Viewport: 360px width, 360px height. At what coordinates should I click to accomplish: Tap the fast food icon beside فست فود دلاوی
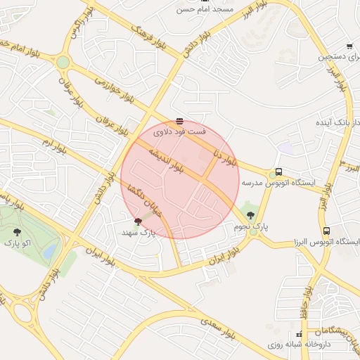coord(179,120)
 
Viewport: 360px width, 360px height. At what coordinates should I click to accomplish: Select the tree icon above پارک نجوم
coord(251,214)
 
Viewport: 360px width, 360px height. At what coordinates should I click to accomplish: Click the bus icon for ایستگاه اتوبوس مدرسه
coord(278,172)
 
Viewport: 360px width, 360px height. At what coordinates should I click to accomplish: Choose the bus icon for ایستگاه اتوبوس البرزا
coord(326,230)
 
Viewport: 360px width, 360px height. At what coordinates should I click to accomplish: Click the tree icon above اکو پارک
coord(18,231)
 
